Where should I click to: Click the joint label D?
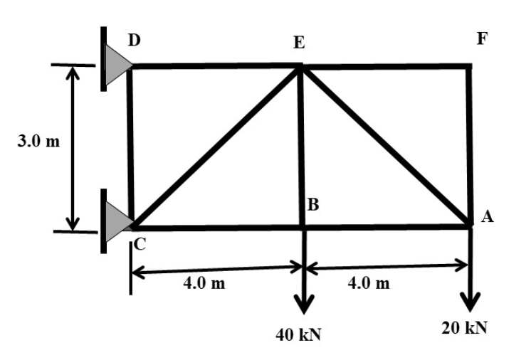coord(133,41)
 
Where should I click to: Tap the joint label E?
coord(299,44)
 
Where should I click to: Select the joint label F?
coord(483,39)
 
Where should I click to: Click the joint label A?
coord(487,218)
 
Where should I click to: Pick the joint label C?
coord(140,245)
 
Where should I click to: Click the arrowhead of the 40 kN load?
coord(304,304)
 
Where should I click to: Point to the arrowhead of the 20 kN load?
coord(470,302)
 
